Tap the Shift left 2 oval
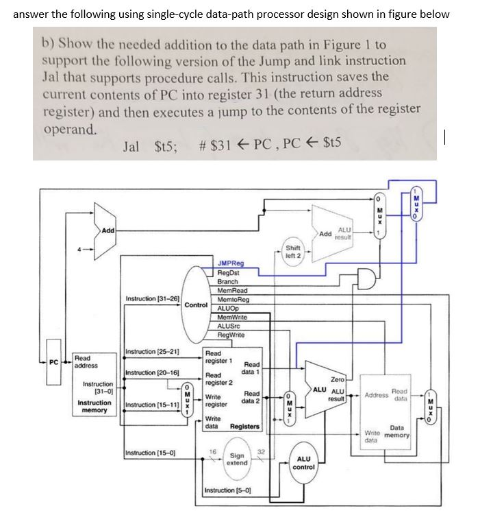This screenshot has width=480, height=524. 292,252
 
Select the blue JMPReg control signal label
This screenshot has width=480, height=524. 229,263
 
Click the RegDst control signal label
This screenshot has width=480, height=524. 228,272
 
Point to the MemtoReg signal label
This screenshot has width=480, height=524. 233,300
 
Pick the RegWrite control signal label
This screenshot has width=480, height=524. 232,335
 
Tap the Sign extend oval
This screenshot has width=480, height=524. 237,458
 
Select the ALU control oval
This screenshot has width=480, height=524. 303,462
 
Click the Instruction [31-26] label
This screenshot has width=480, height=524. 152,298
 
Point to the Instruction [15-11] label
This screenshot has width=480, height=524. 152,405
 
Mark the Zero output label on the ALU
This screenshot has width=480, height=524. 337,379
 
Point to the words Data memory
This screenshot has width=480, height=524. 396,431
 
